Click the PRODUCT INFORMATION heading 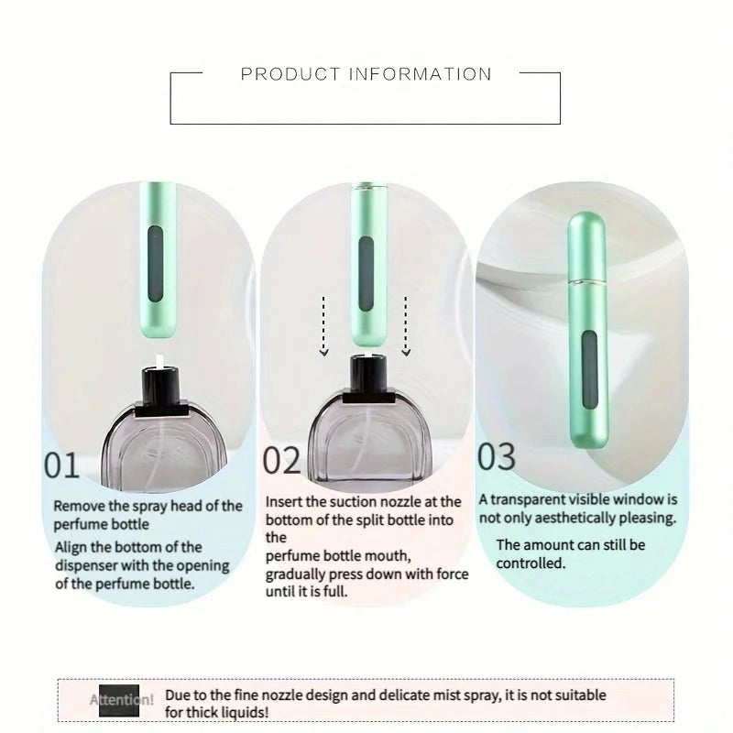click(x=366, y=74)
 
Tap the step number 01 click(x=62, y=465)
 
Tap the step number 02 click(x=281, y=461)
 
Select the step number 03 click(x=497, y=455)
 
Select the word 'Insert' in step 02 click(x=286, y=502)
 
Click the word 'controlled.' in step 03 click(x=531, y=563)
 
